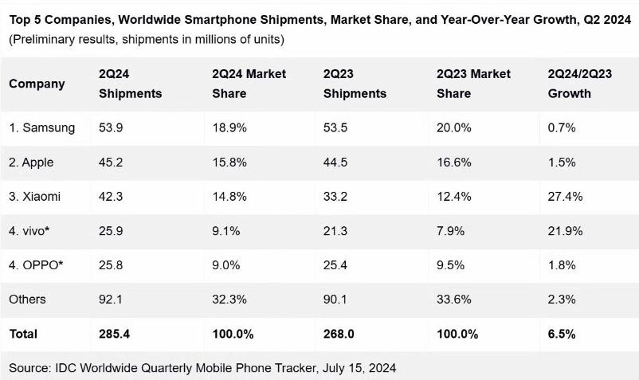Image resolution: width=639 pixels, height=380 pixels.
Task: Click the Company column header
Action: (37, 84)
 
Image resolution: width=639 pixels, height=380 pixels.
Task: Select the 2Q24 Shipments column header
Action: (130, 84)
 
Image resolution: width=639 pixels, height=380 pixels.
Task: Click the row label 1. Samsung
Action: (42, 127)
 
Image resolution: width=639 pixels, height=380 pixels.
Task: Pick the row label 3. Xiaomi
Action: (35, 196)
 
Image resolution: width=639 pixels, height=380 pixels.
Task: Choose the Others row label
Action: (28, 299)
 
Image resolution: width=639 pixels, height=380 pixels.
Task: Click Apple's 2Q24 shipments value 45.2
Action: (111, 162)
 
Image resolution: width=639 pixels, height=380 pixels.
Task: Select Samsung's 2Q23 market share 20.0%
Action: (453, 127)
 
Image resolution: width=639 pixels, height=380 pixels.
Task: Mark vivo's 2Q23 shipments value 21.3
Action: (335, 230)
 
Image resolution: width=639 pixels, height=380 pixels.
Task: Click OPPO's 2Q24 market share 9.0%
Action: (226, 264)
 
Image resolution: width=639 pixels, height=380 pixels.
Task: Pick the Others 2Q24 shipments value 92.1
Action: (111, 299)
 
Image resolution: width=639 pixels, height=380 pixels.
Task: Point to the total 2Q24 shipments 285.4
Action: (114, 334)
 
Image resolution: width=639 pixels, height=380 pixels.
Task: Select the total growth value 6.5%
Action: (561, 334)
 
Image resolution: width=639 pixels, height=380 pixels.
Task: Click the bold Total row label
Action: (23, 334)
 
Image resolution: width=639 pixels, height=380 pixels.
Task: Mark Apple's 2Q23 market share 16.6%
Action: (453, 162)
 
